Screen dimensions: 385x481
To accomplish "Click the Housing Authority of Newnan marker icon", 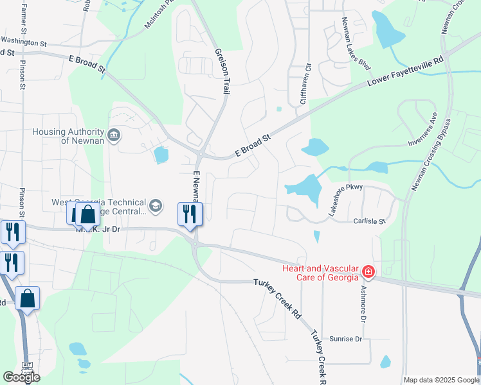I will tap(114, 135).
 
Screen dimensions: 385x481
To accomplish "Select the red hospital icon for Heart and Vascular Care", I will tap(368, 272).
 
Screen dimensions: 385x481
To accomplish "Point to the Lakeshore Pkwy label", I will tap(346, 200).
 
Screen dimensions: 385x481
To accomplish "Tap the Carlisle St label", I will tap(368, 221).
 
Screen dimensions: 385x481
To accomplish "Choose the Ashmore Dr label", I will tap(363, 304).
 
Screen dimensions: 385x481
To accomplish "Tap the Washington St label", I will tap(24, 44).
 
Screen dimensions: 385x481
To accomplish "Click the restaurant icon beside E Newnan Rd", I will tap(190, 213).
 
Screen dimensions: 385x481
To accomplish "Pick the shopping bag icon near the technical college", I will tap(88, 215).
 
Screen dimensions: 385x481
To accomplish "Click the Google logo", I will tap(21, 377).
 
